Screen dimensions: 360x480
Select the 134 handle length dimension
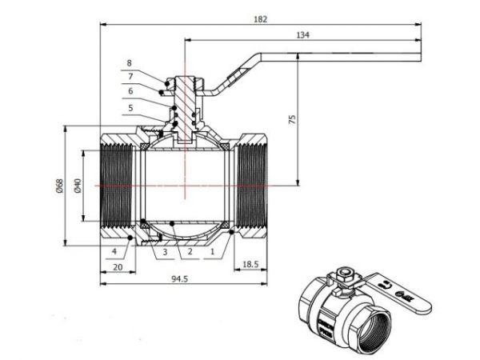[302, 34]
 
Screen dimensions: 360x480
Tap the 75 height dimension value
[292, 118]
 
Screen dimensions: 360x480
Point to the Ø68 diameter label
[58, 186]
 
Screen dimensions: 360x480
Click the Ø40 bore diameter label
[78, 186]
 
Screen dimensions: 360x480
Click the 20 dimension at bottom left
[118, 266]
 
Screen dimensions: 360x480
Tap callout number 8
[129, 62]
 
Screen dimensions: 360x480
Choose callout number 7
[129, 76]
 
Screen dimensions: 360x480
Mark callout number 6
[129, 91]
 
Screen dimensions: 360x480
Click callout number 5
[129, 106]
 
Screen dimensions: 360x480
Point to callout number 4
[115, 251]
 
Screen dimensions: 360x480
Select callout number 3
[164, 251]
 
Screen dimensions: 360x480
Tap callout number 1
[212, 251]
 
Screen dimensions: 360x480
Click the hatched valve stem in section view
[186, 104]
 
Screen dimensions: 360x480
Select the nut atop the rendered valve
[346, 274]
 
